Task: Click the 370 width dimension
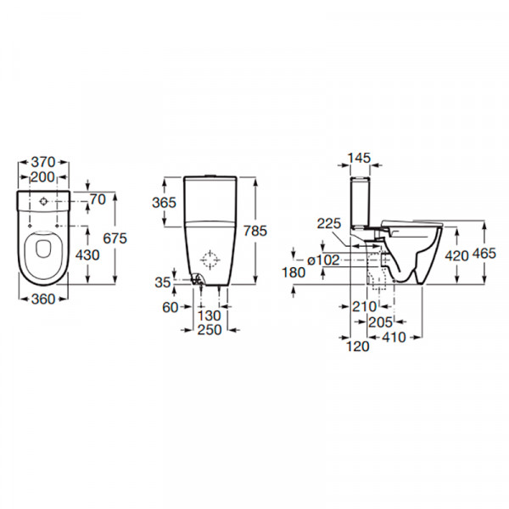tap(43, 162)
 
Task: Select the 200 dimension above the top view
tap(42, 177)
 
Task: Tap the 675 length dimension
tap(115, 238)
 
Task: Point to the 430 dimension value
tap(87, 255)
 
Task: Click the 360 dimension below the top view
tap(43, 299)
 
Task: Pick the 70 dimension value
tap(98, 199)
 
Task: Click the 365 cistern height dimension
tap(165, 203)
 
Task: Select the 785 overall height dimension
tap(255, 231)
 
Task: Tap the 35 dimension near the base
tap(163, 282)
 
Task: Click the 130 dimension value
tap(210, 316)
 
